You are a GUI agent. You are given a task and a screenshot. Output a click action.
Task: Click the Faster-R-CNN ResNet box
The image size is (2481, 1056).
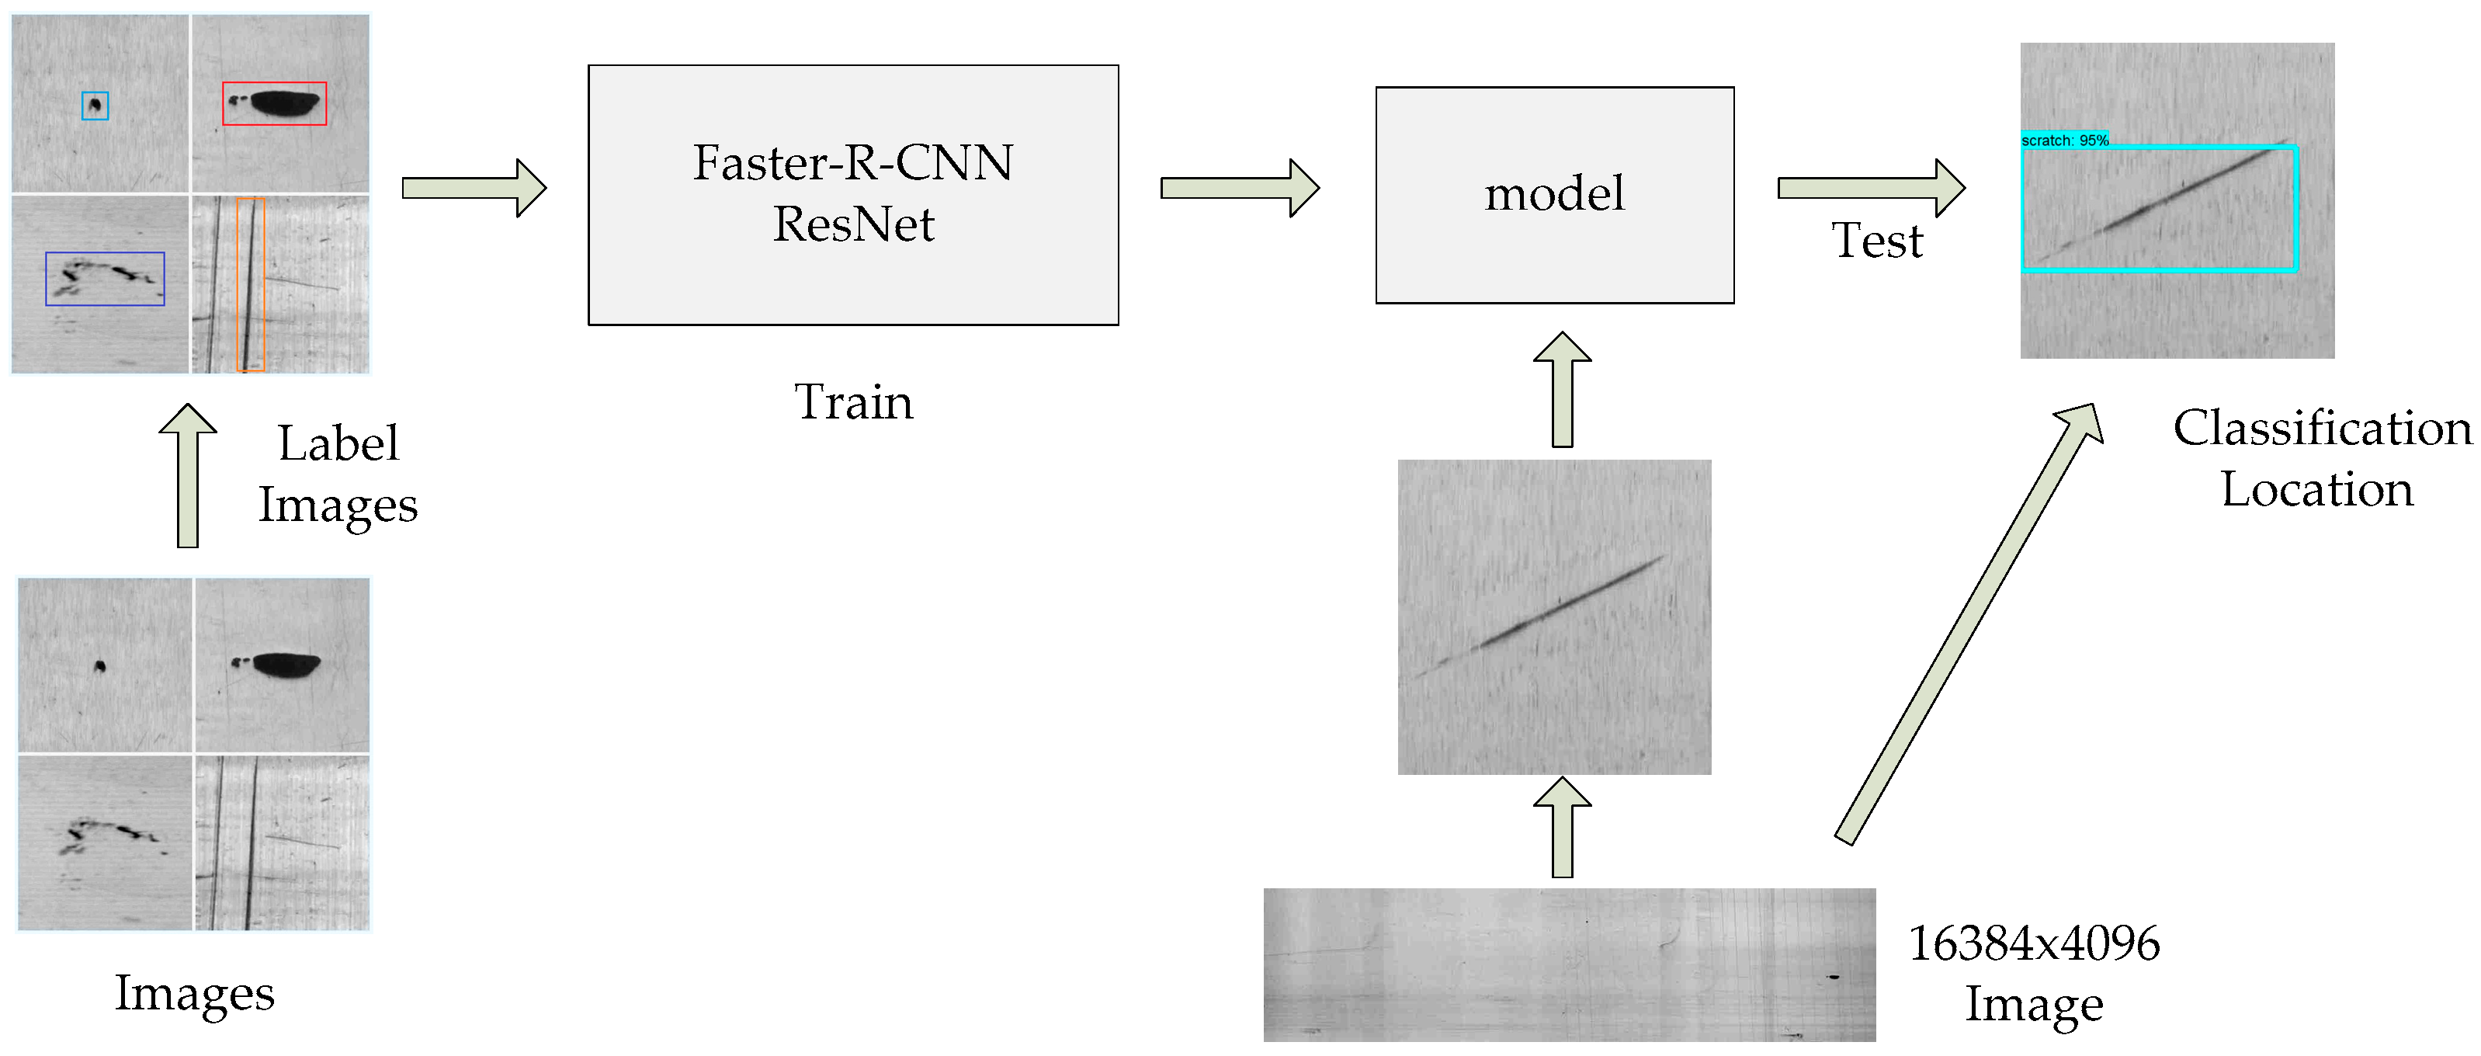(852, 195)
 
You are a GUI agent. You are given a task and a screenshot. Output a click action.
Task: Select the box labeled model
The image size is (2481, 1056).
(1553, 195)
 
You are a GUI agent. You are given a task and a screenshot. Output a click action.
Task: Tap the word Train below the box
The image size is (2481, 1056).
(852, 401)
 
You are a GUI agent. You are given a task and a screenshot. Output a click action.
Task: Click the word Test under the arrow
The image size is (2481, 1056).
(1876, 240)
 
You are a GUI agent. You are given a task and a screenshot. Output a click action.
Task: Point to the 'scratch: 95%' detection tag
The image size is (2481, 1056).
(2064, 140)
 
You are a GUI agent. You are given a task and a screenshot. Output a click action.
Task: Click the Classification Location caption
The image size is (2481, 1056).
(2321, 457)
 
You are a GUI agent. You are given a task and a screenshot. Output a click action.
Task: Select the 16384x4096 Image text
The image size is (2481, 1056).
(2033, 973)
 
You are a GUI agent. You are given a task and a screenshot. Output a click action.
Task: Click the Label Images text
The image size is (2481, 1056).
(337, 474)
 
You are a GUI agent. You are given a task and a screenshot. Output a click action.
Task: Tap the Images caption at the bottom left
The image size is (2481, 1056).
(195, 992)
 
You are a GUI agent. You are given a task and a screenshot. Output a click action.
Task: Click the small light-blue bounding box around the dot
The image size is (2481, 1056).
(95, 105)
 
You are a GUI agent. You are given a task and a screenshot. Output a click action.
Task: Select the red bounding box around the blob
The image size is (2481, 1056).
(275, 103)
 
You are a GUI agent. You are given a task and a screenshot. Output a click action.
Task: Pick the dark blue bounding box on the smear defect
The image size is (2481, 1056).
(105, 279)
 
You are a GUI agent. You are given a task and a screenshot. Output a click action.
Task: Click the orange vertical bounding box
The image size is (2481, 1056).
(251, 284)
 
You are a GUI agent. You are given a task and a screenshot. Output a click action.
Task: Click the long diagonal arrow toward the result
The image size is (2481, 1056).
(1969, 621)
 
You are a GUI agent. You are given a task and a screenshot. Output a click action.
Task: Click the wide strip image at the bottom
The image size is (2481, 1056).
(1569, 964)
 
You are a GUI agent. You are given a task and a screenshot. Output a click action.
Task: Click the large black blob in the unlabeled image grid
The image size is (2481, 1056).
(286, 664)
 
